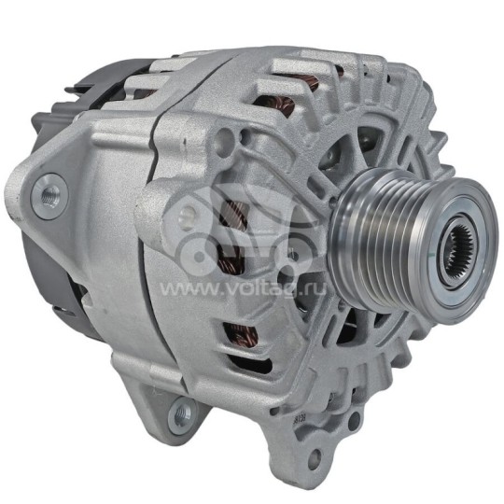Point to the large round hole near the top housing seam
click(223, 140)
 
